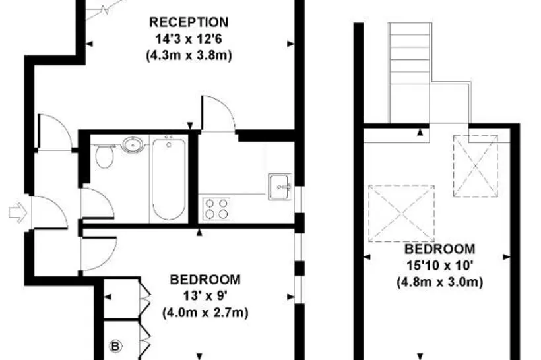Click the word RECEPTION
(189, 22)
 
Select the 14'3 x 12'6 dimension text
(189, 39)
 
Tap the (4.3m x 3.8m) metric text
(189, 55)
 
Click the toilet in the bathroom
(104, 156)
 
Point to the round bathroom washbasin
(133, 144)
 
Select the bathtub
(168, 179)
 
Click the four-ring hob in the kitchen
(216, 209)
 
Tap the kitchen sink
(280, 187)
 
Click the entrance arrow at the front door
(18, 212)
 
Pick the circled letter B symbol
(115, 346)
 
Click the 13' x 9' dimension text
(205, 296)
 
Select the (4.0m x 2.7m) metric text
(205, 313)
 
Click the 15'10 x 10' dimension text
(439, 266)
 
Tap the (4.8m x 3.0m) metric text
(439, 282)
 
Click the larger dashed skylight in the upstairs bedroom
(402, 214)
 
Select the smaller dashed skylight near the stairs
(476, 166)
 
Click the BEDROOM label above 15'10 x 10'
(439, 249)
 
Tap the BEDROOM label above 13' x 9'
(205, 280)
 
